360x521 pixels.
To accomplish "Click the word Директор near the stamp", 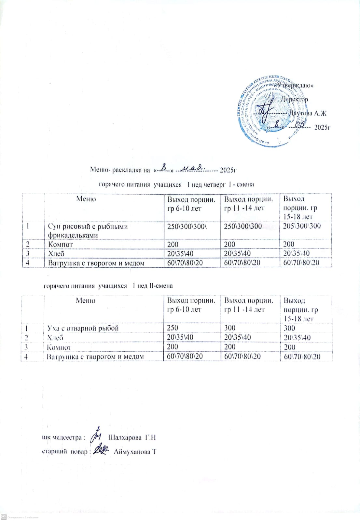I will point(295,99).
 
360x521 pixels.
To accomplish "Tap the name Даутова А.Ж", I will point(308,113).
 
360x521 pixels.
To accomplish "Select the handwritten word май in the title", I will point(192,168).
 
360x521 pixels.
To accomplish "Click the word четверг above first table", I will point(215,185).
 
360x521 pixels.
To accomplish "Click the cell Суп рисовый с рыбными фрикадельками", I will point(88,231).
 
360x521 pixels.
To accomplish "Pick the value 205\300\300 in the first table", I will point(302,226).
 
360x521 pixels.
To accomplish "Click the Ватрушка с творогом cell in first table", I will point(96,263).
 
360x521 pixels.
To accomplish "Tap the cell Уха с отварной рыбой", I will point(83,328).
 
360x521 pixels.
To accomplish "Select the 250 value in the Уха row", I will point(173,328).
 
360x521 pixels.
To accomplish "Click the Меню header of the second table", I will point(86,301).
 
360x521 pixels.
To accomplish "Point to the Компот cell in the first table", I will point(61,244).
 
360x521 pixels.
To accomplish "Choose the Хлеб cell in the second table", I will point(55,338).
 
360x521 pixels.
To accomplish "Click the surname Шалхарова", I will point(125,437).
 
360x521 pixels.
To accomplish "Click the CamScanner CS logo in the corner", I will point(4,517).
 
